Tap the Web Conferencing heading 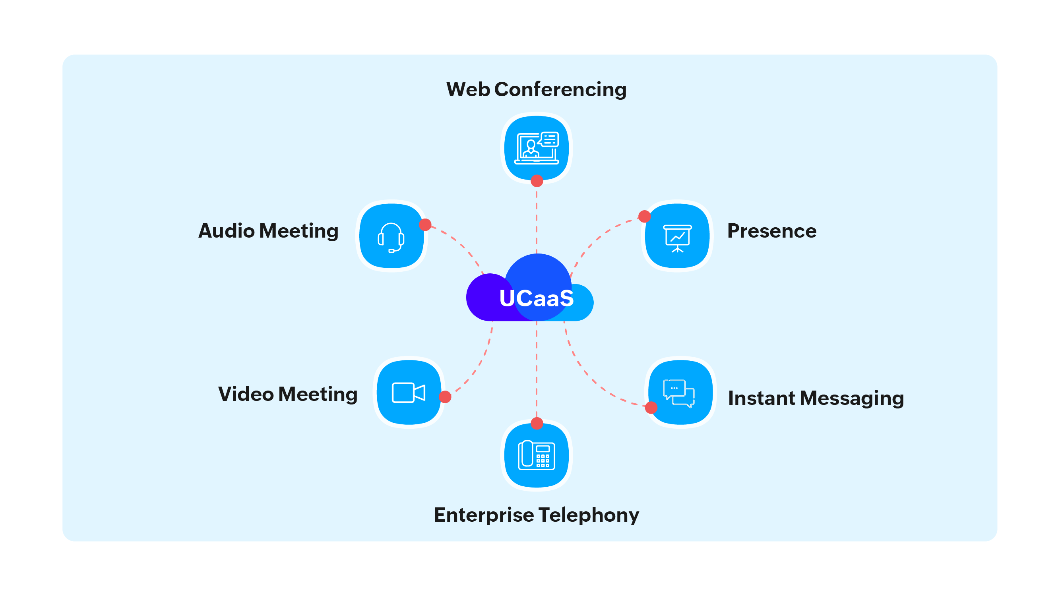click(x=536, y=89)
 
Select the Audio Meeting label click(x=268, y=231)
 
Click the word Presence click(x=771, y=231)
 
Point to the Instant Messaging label click(x=816, y=398)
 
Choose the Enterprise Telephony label click(x=536, y=515)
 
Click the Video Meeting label click(x=288, y=394)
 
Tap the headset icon click(x=391, y=237)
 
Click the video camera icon click(x=408, y=393)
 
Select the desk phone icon click(x=536, y=455)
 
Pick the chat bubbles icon click(x=679, y=393)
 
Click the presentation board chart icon click(x=677, y=238)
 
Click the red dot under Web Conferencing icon click(x=537, y=180)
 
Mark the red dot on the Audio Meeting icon click(x=425, y=224)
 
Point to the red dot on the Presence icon click(x=644, y=217)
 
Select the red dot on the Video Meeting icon click(x=445, y=397)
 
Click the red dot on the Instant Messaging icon click(x=651, y=408)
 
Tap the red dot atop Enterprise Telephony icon click(x=537, y=423)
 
